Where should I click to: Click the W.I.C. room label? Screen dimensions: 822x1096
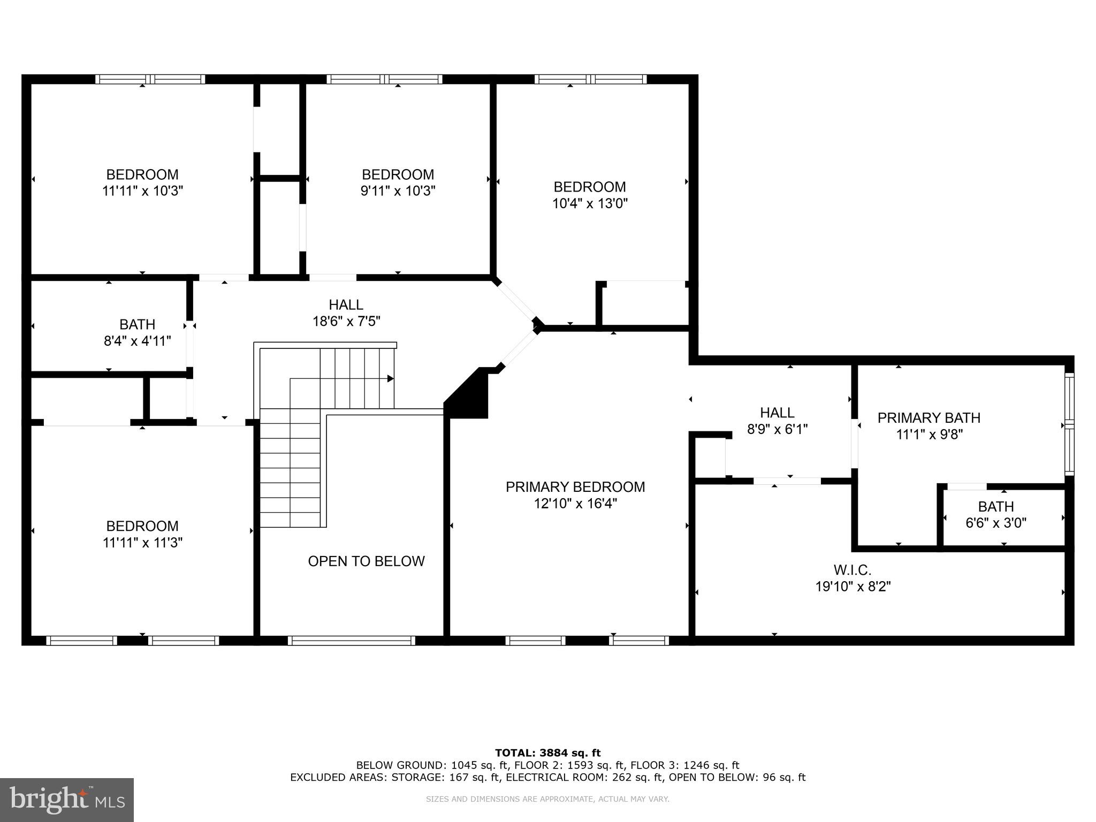852,570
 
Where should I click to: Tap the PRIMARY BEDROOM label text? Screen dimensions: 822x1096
575,487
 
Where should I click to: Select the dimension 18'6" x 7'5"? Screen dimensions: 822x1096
346,322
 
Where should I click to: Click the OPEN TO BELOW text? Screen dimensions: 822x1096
366,561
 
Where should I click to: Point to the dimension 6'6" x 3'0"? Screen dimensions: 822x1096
995,523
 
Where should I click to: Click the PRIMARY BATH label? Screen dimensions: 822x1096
928,418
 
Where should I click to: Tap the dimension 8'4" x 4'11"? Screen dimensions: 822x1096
138,341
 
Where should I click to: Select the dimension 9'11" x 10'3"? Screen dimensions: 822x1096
398,191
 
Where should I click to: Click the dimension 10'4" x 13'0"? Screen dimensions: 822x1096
590,203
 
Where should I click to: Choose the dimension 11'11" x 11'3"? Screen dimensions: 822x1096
142,543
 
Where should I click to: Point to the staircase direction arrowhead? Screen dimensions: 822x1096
391,379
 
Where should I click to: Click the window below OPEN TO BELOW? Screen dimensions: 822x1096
351,641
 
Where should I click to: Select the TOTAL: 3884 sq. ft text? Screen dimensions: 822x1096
547,753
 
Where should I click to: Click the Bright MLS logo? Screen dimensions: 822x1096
67,800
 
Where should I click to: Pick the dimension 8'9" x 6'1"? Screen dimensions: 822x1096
777,429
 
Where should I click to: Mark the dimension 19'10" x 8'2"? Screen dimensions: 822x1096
853,587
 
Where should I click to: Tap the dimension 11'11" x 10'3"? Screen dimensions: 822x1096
142,191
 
